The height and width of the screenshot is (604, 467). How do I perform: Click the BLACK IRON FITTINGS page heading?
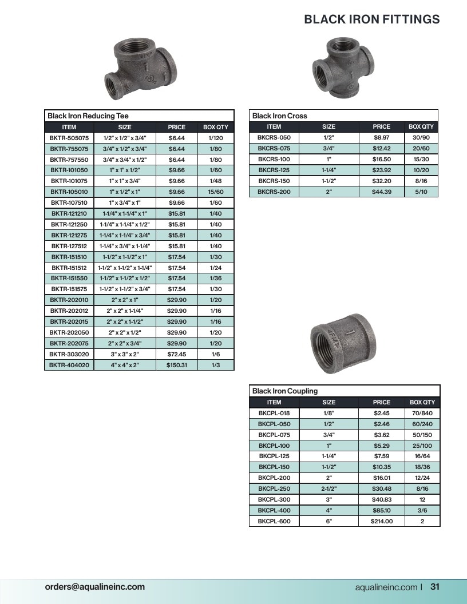(372, 19)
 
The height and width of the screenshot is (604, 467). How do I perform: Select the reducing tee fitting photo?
(140, 69)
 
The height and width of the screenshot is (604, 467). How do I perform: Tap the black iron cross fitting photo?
(343, 67)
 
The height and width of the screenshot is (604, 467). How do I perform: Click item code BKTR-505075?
(69, 138)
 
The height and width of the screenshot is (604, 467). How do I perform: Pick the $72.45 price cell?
(176, 354)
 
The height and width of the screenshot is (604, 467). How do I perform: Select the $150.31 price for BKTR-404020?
(176, 365)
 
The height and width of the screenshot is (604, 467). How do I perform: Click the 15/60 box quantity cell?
(216, 192)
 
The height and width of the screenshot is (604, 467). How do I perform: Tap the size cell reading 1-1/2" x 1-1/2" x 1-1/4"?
(125, 268)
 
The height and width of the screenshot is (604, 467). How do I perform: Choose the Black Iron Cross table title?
(280, 116)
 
